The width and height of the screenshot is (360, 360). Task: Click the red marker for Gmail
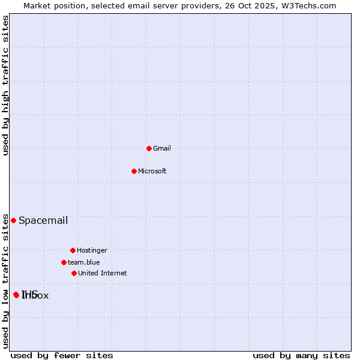click(x=149, y=148)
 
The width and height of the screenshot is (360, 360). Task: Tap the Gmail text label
click(x=162, y=149)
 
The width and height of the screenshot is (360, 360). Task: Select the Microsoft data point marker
click(x=134, y=171)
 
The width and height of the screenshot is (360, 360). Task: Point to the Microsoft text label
click(x=152, y=172)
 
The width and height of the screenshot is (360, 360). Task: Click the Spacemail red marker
click(x=13, y=220)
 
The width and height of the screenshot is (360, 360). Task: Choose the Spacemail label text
click(x=43, y=221)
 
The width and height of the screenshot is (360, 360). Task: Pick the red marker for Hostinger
click(x=73, y=250)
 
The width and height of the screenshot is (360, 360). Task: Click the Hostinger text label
click(x=92, y=251)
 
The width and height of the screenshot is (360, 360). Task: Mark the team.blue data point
click(x=64, y=262)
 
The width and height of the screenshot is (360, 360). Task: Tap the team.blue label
click(x=84, y=263)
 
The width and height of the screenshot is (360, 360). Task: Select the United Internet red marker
click(x=74, y=273)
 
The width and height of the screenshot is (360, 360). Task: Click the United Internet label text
click(x=103, y=274)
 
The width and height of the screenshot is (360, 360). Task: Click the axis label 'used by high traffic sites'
click(x=6, y=86)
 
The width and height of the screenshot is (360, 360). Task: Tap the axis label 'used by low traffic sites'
click(x=6, y=281)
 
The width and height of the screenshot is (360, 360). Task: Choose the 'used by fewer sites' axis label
click(x=62, y=356)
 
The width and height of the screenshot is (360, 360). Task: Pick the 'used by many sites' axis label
click(x=301, y=356)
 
